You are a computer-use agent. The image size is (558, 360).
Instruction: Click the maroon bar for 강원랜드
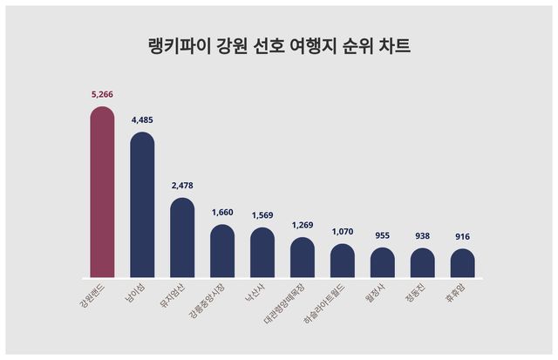103,192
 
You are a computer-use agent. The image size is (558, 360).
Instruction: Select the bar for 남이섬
142,205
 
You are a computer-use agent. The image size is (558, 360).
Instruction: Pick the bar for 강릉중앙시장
222,251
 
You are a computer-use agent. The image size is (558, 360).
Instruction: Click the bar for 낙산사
262,253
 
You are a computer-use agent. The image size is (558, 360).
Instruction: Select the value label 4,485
142,122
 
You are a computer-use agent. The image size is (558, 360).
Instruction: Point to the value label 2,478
182,187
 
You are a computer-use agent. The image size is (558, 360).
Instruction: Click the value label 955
383,235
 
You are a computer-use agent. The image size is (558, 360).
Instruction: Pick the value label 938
423,236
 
